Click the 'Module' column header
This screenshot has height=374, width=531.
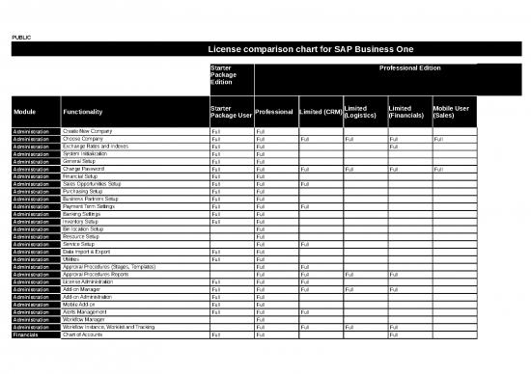25,112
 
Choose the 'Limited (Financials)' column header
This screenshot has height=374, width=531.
405,112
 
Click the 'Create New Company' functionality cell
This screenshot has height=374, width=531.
88,130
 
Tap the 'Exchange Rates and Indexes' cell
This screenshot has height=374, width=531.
96,146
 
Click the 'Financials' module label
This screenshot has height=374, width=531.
24,334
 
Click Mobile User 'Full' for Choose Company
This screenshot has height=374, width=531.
439,138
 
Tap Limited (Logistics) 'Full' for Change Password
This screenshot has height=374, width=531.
349,169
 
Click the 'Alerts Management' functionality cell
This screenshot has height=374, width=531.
86,312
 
